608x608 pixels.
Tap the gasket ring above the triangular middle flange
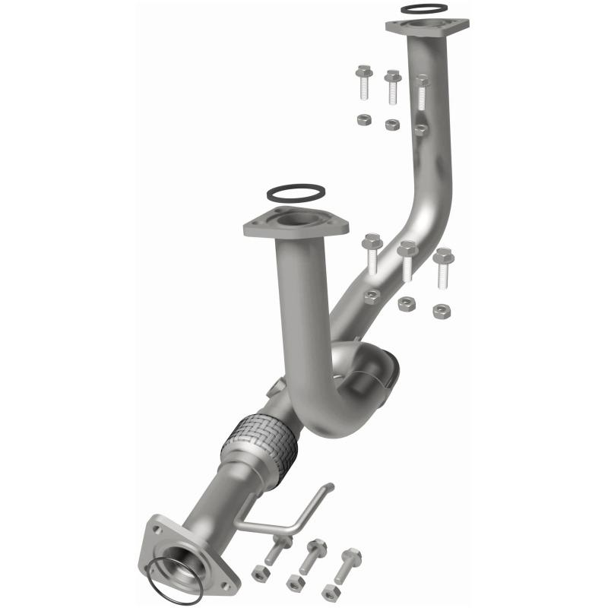point(297,193)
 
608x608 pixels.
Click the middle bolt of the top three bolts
point(392,86)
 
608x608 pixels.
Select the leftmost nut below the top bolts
point(364,120)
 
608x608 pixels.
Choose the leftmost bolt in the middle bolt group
point(372,252)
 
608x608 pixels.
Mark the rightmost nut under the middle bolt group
point(440,311)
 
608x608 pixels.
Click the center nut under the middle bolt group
point(406,304)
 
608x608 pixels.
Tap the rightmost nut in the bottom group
point(331,593)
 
